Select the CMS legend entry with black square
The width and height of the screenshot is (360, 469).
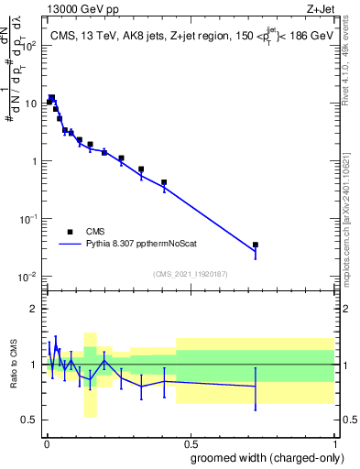[82, 231]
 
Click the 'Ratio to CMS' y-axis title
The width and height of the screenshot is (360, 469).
[14, 365]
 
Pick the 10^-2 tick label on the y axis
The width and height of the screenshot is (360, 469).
[28, 277]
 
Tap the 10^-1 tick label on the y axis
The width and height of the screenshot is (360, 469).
[28, 219]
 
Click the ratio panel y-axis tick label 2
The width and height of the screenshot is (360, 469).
[33, 309]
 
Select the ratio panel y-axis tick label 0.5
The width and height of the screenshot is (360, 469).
[29, 420]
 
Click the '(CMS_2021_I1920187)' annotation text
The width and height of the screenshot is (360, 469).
[190, 273]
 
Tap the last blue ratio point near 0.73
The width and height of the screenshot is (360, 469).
[256, 386]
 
